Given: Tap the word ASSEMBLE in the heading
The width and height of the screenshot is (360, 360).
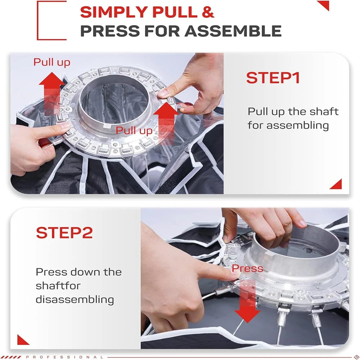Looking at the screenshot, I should point(233,31).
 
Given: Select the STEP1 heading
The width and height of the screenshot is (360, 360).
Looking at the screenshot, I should point(273,78).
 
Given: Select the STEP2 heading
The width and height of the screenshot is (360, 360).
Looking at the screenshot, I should point(64,233).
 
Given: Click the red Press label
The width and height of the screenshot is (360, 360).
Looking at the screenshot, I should point(247,268).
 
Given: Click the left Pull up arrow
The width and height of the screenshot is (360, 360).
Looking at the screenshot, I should point(51,90).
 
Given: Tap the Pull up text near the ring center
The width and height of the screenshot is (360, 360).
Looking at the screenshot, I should point(134,131).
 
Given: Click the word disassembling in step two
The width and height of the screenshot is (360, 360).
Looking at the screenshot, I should point(75,299).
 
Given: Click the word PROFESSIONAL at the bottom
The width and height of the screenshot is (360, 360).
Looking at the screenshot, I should point(62,357).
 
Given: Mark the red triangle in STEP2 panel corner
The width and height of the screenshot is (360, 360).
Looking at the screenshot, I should point(23,339).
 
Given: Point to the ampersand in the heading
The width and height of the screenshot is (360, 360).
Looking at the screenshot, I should point(208,13).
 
